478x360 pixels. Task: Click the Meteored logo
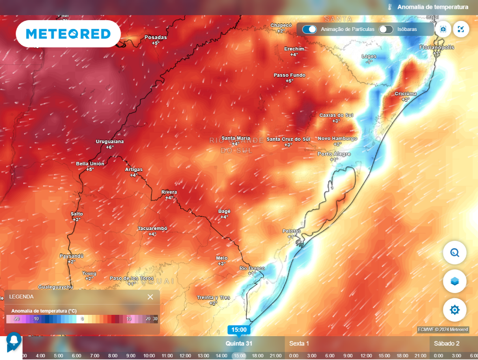pyautogui.click(x=68, y=34)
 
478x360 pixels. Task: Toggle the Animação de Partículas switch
pyautogui.click(x=309, y=29)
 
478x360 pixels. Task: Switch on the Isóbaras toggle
pyautogui.click(x=386, y=29)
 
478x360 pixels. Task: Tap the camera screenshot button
pyautogui.click(x=443, y=29)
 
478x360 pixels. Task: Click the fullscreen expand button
pyautogui.click(x=461, y=29)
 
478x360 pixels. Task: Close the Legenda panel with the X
pyautogui.click(x=150, y=297)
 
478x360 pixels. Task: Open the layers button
pyautogui.click(x=454, y=281)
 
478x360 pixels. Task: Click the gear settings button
pyautogui.click(x=454, y=310)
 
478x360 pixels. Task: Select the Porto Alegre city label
pyautogui.click(x=334, y=154)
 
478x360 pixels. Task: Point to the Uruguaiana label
pyautogui.click(x=110, y=141)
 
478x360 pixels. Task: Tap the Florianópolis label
pyautogui.click(x=436, y=48)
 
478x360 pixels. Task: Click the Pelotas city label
pyautogui.click(x=292, y=231)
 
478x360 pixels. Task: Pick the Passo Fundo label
pyautogui.click(x=289, y=75)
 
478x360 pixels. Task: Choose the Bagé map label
pyautogui.click(x=225, y=211)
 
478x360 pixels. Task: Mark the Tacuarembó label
pyautogui.click(x=152, y=228)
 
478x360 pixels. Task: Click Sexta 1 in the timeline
pyautogui.click(x=299, y=344)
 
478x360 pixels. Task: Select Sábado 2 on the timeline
pyautogui.click(x=447, y=344)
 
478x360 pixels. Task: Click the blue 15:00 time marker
pyautogui.click(x=239, y=330)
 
